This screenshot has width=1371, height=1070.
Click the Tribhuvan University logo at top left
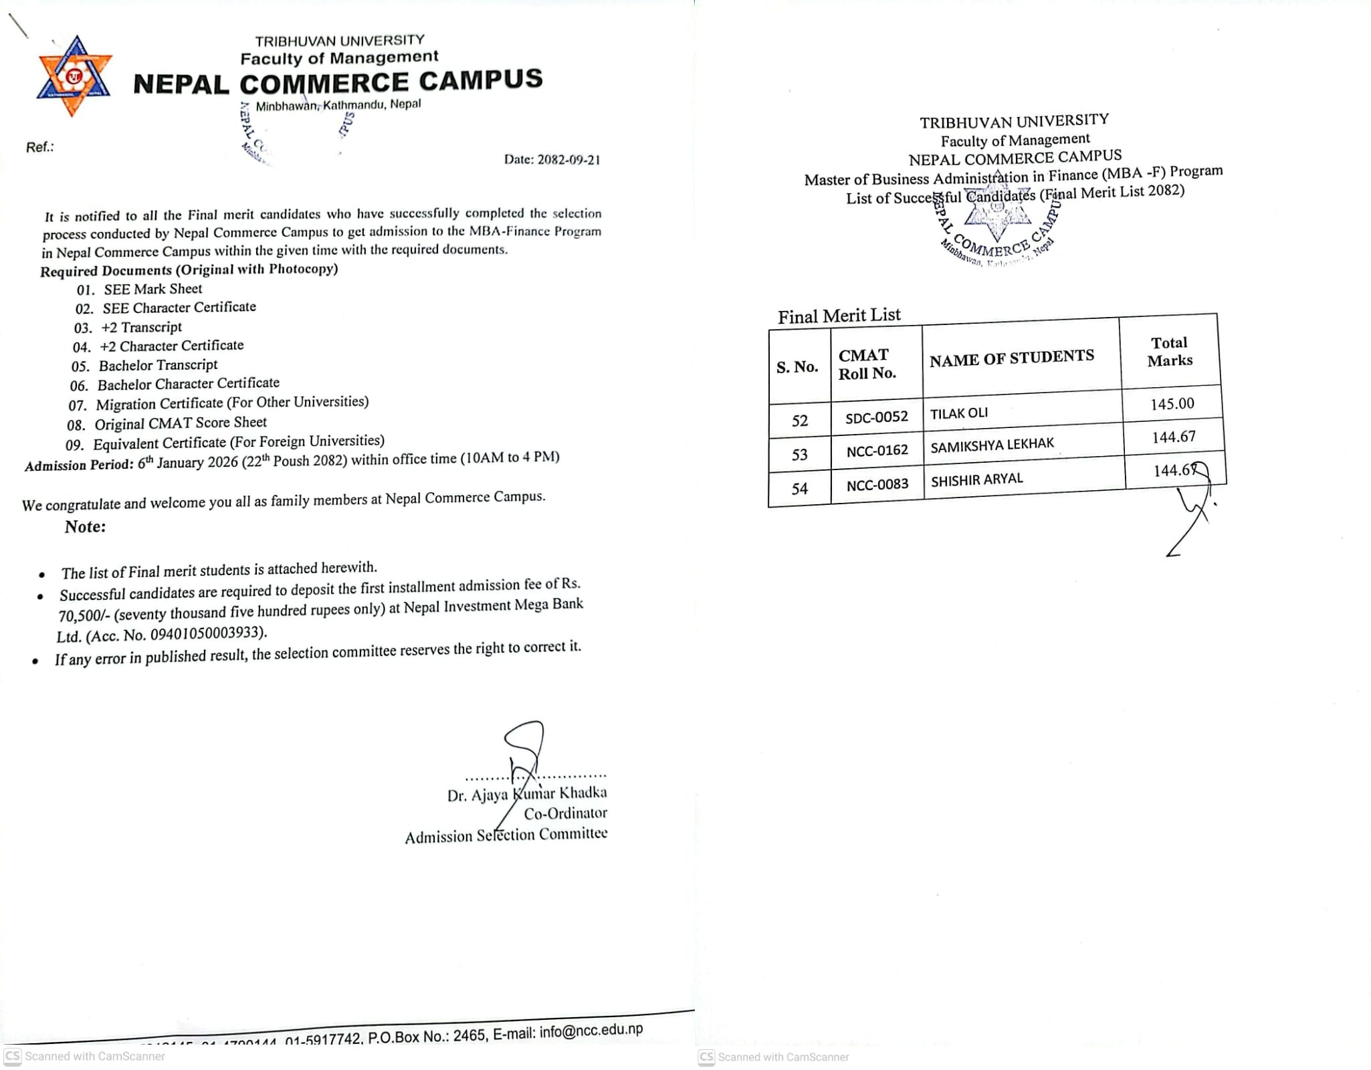74,76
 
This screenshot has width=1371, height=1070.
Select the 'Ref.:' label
39,147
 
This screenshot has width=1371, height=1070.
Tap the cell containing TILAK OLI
959,413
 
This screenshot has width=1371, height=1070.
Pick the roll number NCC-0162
877,451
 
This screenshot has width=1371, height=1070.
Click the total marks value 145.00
1172,404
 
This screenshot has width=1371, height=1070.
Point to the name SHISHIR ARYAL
976,479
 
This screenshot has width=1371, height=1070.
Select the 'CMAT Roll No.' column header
867,364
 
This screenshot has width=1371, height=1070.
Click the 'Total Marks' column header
1170,351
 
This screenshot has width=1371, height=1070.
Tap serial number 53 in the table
799,455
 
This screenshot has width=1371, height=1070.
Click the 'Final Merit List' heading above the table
839,316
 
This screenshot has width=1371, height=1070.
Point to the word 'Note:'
85,527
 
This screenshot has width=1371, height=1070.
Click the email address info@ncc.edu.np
591,1031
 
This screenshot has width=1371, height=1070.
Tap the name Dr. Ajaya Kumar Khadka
527,794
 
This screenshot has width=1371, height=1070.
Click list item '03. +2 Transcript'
128,328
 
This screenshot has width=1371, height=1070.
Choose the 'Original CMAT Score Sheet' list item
180,423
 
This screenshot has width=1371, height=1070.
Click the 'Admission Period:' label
79,465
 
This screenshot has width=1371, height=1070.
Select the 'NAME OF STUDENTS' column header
1011,358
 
